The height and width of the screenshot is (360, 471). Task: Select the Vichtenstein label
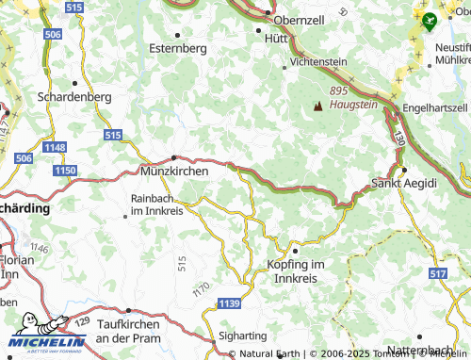pyautogui.click(x=319, y=61)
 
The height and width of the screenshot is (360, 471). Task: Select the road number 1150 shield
pyautogui.click(x=65, y=169)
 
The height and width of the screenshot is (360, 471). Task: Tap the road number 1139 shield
pyautogui.click(x=227, y=303)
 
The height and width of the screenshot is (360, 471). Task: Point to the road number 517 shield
pyautogui.click(x=437, y=272)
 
